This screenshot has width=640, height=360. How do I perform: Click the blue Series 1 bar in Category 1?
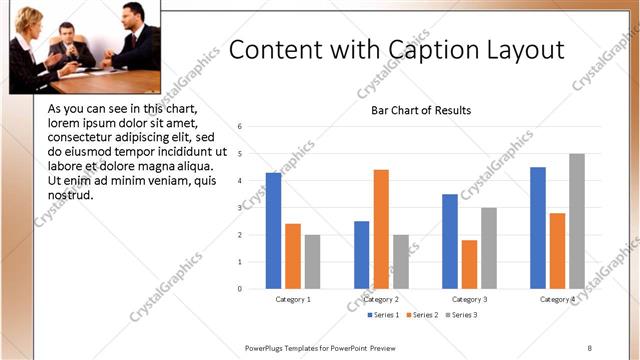pyautogui.click(x=273, y=231)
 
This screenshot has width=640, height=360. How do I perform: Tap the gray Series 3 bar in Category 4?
pyautogui.click(x=577, y=221)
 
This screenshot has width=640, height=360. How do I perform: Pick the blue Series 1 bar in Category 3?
pyautogui.click(x=450, y=241)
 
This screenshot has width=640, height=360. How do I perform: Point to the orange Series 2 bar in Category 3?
pyautogui.click(x=469, y=264)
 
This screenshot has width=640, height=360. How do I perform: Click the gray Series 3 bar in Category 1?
pyautogui.click(x=312, y=262)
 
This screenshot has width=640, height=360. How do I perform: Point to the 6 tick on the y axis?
pyautogui.click(x=240, y=127)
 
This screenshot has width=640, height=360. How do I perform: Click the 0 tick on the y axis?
pyautogui.click(x=240, y=289)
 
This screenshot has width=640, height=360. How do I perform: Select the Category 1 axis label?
pyautogui.click(x=293, y=299)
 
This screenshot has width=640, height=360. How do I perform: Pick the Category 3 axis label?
pyautogui.click(x=469, y=299)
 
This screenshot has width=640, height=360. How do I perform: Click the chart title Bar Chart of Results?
pyautogui.click(x=421, y=110)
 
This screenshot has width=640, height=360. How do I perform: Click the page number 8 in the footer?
pyautogui.click(x=589, y=347)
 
